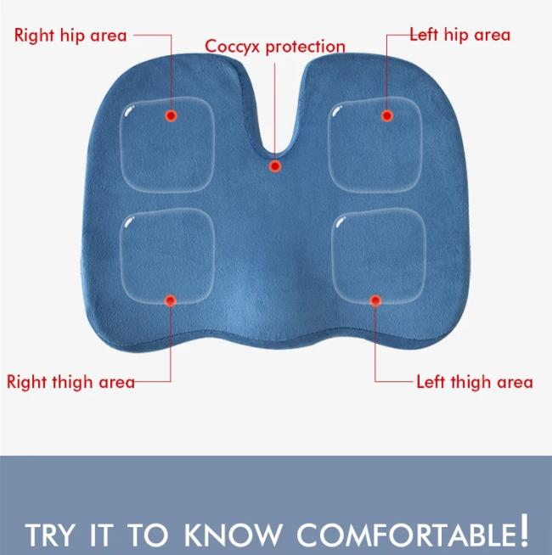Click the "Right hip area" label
[x=70, y=36]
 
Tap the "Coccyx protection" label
[x=275, y=47]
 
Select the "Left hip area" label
[x=460, y=35]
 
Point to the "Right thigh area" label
[x=70, y=382]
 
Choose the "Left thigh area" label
[x=475, y=382]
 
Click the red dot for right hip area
[x=172, y=115]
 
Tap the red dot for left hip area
[x=387, y=115]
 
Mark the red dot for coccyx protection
[x=275, y=166]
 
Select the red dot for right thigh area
[x=171, y=301]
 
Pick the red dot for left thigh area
[x=375, y=301]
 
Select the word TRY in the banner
[x=50, y=535]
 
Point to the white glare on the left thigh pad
[x=341, y=222]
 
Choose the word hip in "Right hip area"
[x=72, y=36]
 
